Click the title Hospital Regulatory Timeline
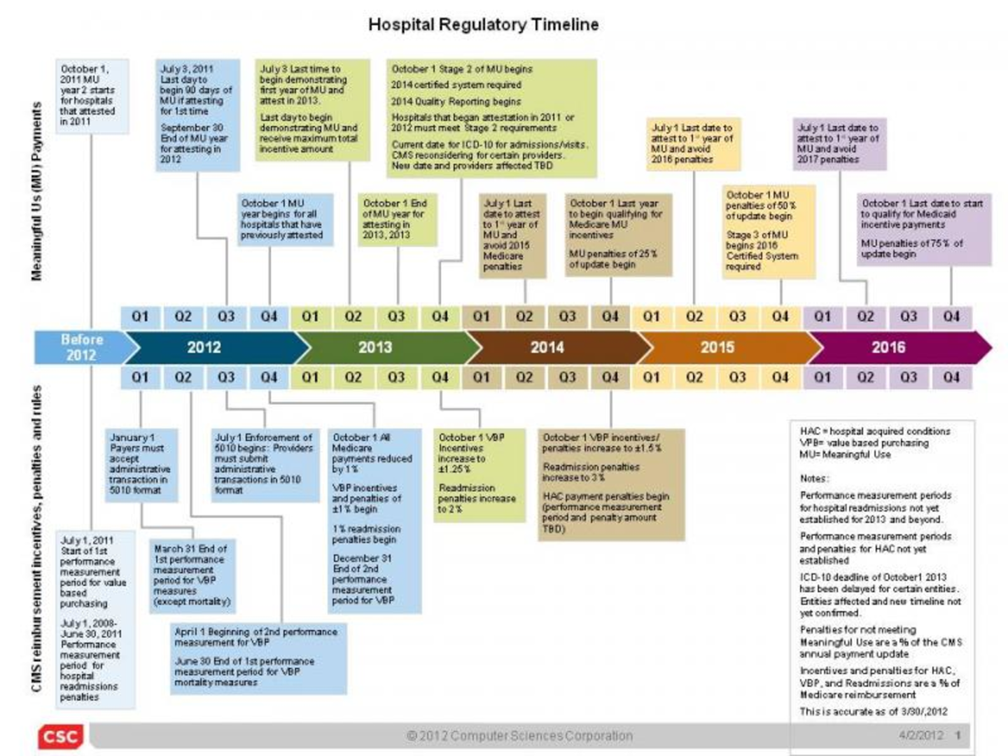pyautogui.click(x=483, y=24)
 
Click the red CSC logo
pyautogui.click(x=60, y=736)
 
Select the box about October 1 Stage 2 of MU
pyautogui.click(x=491, y=118)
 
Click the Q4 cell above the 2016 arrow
pyautogui.click(x=951, y=316)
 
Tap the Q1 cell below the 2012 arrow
pyautogui.click(x=140, y=377)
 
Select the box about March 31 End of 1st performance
pyautogui.click(x=192, y=575)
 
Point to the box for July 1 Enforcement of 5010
pyautogui.click(x=263, y=463)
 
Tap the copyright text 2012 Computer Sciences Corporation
pyautogui.click(x=519, y=736)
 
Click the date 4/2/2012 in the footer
pyautogui.click(x=920, y=736)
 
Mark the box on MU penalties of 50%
pyautogui.click(x=769, y=232)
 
